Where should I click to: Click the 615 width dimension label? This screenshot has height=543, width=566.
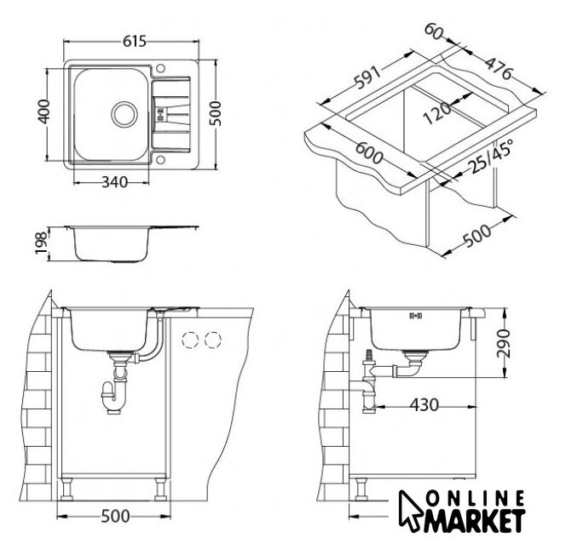tap(135, 42)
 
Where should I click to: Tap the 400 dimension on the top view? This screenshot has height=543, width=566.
tap(44, 111)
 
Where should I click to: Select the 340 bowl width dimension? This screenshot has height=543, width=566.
tap(115, 182)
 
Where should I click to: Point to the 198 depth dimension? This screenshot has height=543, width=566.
tap(41, 243)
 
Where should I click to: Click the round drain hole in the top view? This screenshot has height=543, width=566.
tap(124, 114)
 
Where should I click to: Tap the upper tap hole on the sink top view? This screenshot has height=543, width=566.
tap(160, 68)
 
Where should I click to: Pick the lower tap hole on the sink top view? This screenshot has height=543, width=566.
tap(160, 159)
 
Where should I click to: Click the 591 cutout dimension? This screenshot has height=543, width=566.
tap(367, 77)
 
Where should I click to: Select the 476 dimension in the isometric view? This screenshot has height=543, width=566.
tap(498, 68)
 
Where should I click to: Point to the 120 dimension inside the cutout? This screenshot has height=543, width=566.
tap(437, 112)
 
